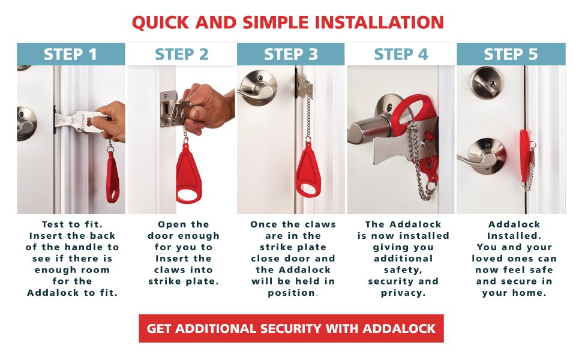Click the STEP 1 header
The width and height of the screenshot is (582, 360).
click(x=71, y=55)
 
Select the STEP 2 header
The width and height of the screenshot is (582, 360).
click(x=181, y=55)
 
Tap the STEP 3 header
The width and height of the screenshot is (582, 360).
click(x=291, y=55)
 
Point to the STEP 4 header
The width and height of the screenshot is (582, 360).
click(x=401, y=55)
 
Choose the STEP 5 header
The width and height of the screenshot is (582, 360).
click(x=511, y=55)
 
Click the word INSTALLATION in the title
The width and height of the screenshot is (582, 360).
click(x=370, y=23)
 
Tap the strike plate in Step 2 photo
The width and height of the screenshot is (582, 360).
click(x=167, y=108)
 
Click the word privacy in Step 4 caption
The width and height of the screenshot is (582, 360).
click(x=403, y=293)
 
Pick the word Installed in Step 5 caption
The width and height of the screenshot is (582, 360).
click(x=511, y=236)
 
